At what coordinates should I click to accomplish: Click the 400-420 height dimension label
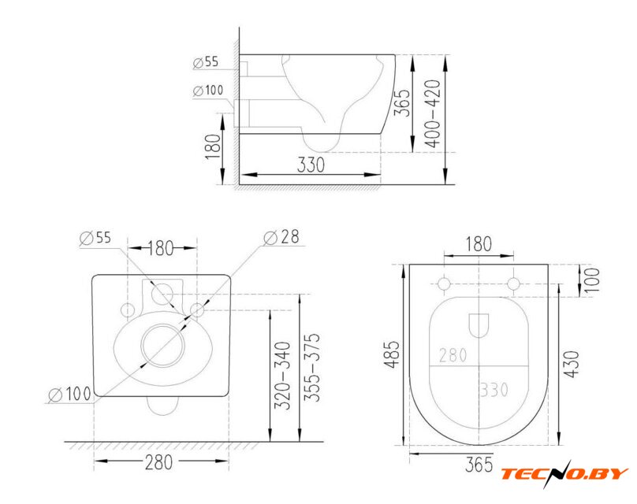[433, 113]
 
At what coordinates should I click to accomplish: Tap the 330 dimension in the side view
[311, 165]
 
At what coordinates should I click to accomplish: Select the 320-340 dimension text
[283, 376]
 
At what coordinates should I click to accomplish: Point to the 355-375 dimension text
[311, 368]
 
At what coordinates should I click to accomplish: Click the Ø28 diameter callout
[281, 237]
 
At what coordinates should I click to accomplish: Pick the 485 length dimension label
[393, 354]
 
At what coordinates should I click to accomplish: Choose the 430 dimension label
[572, 364]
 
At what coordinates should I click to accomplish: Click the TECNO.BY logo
[564, 473]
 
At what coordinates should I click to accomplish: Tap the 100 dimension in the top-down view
[591, 280]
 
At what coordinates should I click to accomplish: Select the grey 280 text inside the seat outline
[453, 355]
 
